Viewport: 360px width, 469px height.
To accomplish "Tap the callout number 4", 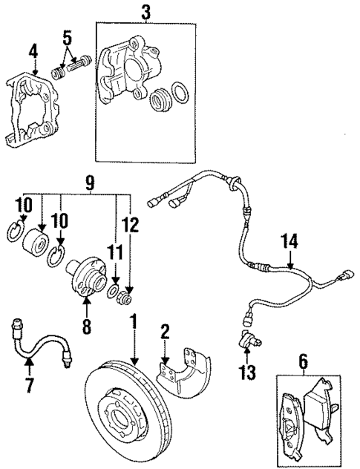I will pyautogui.click(x=33, y=51).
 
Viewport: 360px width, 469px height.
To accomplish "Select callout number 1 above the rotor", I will pyautogui.click(x=135, y=323).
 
